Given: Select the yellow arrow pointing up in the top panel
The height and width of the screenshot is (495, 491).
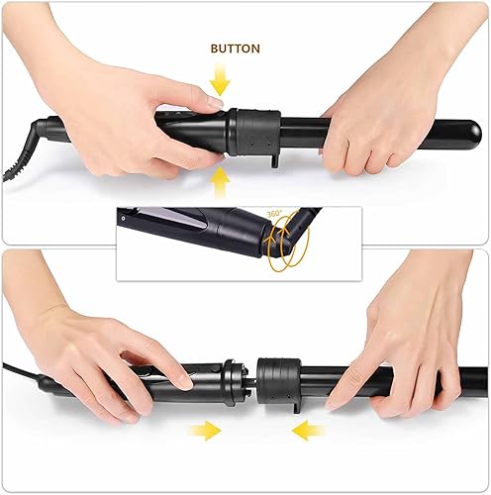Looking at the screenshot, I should [219, 181].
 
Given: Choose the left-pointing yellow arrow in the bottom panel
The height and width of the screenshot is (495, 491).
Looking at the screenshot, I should [311, 430].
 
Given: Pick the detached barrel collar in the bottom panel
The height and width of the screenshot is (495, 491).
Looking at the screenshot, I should [279, 378].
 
